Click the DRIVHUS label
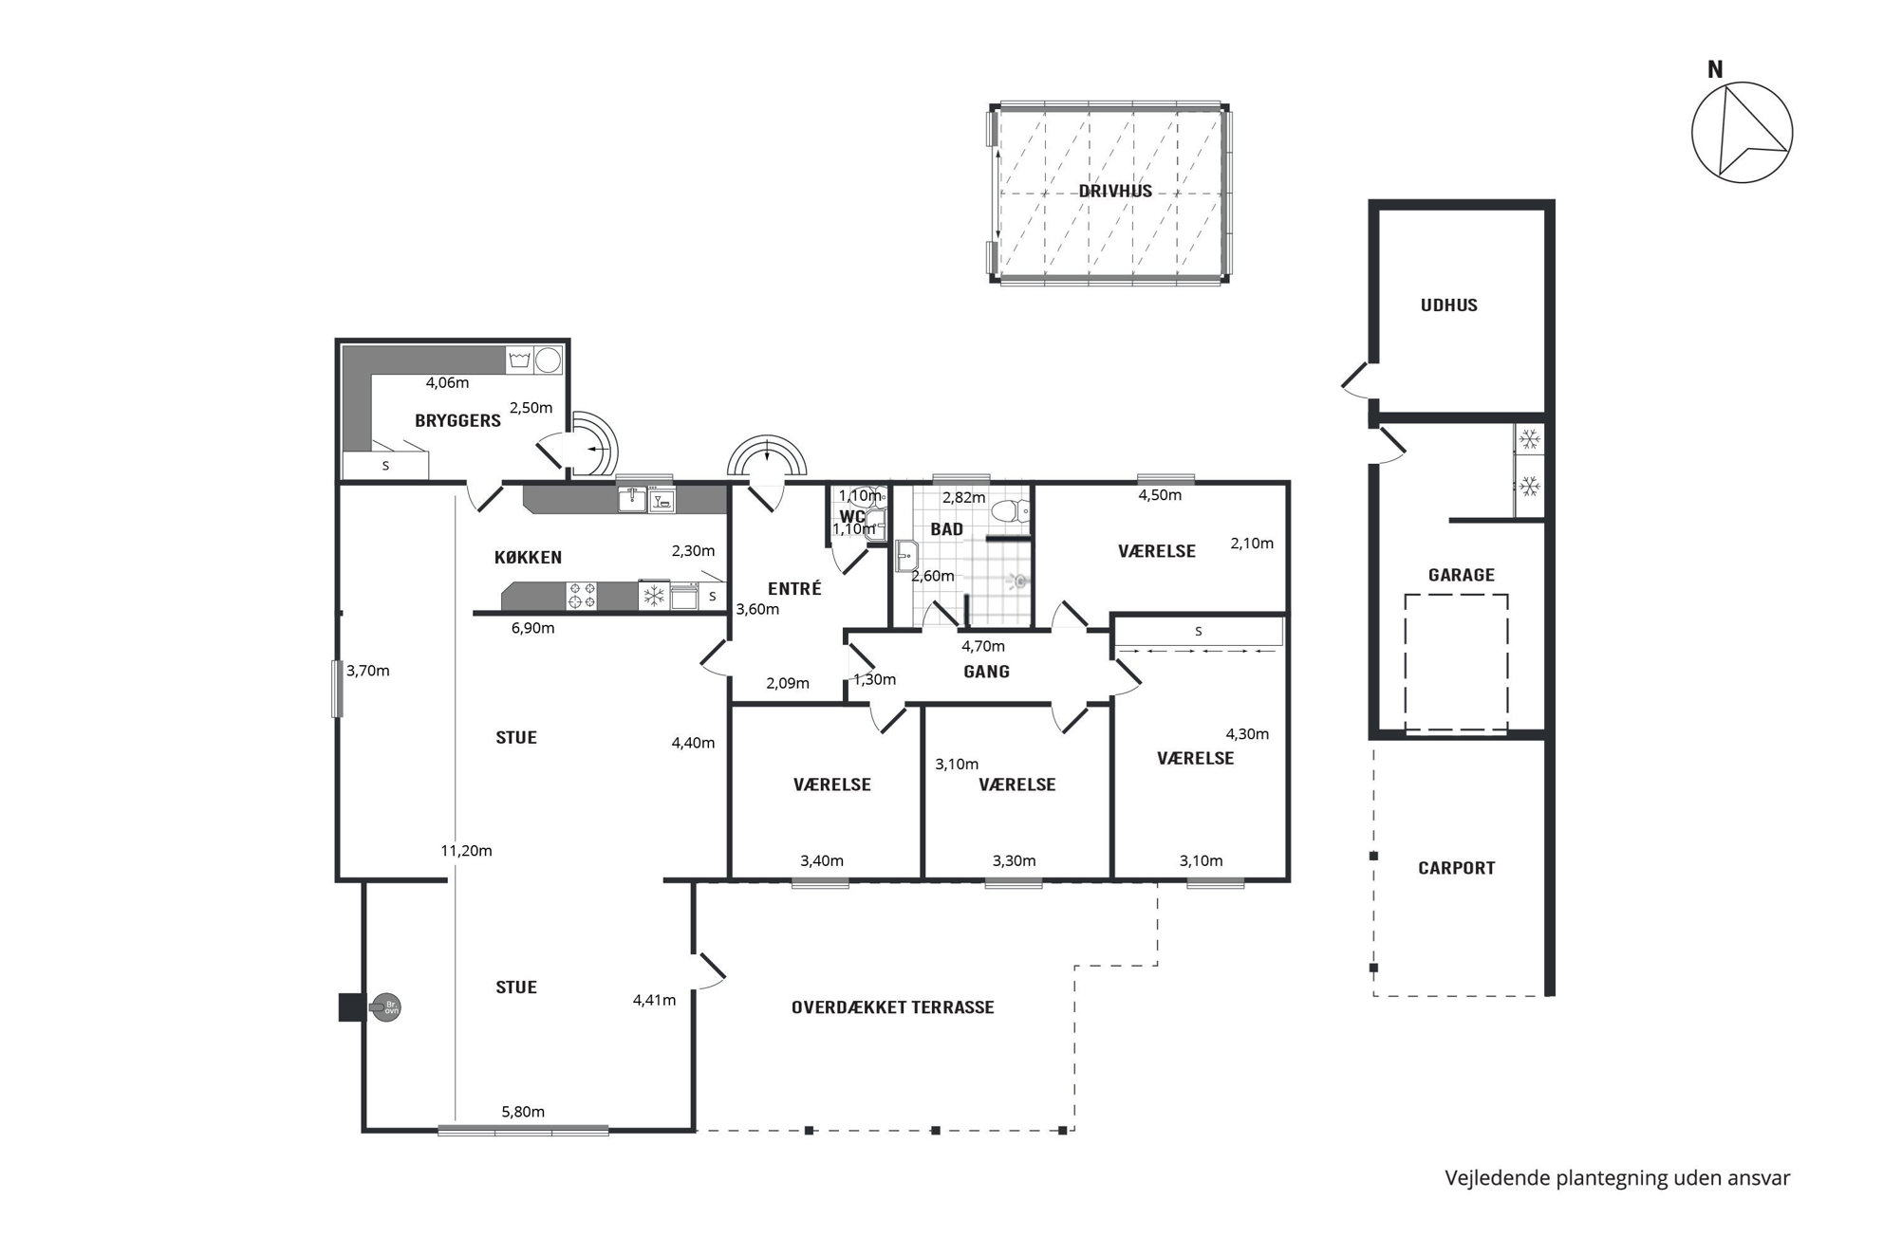coord(1115,191)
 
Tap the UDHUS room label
coord(1448,305)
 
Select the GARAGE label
coord(1461,575)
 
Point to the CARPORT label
coord(1456,868)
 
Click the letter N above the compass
coord(1715,69)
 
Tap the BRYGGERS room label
coord(457,420)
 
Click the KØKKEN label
coord(528,557)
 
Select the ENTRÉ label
coord(794,588)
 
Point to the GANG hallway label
coord(986,672)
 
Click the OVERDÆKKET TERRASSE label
coord(892,1007)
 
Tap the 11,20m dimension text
coord(466,851)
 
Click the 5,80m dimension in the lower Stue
coord(523,1112)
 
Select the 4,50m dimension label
coord(1160,495)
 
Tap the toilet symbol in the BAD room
coord(1011,511)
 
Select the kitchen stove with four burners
coord(582,596)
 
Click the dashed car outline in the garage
coord(1456,663)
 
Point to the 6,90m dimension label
coord(532,628)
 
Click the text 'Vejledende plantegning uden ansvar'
coord(1617,1178)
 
